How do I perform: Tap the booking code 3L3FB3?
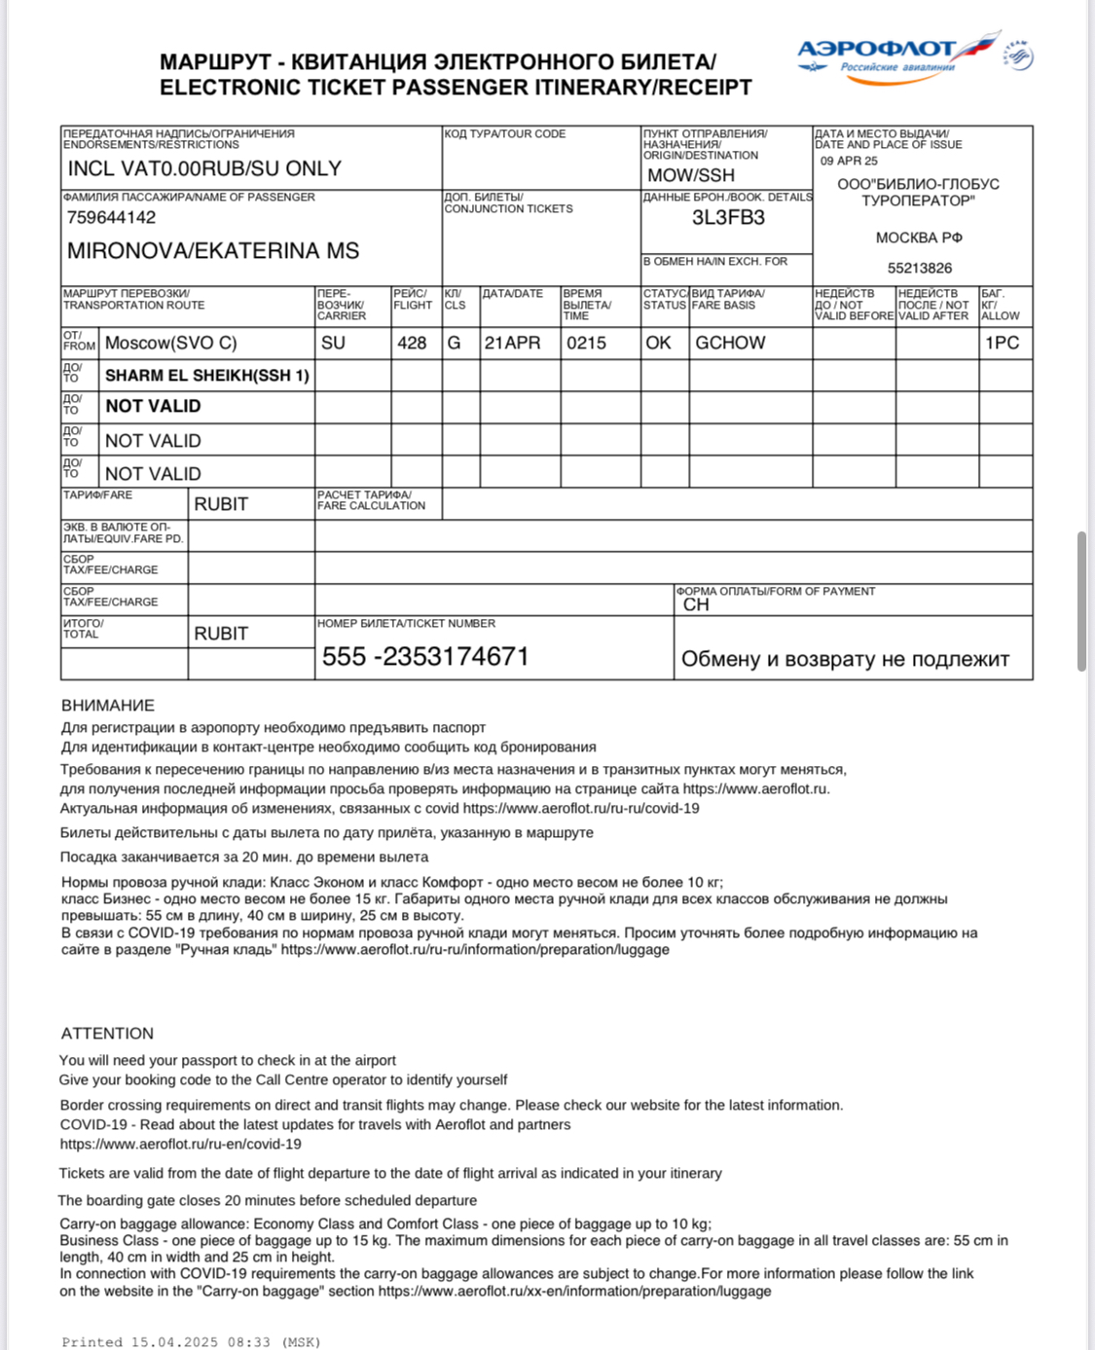(728, 217)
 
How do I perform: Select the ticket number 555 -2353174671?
(425, 656)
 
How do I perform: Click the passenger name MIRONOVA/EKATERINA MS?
(212, 251)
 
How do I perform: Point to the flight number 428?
(412, 343)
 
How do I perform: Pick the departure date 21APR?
(512, 343)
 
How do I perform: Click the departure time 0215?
(586, 343)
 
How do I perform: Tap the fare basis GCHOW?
(730, 343)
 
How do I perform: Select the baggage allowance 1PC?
(1002, 343)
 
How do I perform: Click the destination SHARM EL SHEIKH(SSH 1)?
(206, 376)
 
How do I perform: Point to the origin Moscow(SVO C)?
(170, 343)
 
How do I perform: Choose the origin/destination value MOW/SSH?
(690, 175)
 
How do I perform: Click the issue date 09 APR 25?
(849, 162)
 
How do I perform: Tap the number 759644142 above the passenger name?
(111, 217)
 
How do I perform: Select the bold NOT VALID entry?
(153, 407)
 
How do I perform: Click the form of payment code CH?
(696, 604)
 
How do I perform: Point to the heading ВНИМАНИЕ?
(107, 705)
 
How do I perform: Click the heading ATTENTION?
(107, 1033)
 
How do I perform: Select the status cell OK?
(658, 343)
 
